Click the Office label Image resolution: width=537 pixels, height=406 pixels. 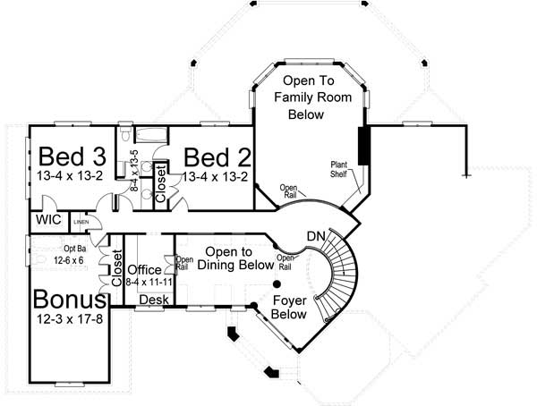click(144, 269)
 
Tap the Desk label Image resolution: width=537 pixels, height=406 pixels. click(155, 299)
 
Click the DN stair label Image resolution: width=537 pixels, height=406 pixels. click(315, 235)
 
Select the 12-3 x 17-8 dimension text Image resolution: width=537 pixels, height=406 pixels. click(69, 319)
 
